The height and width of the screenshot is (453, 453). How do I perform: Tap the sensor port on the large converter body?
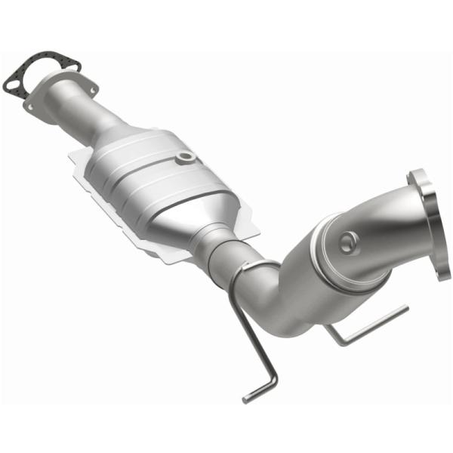coord(184,157)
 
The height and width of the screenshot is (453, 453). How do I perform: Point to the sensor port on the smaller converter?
coord(347,242)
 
